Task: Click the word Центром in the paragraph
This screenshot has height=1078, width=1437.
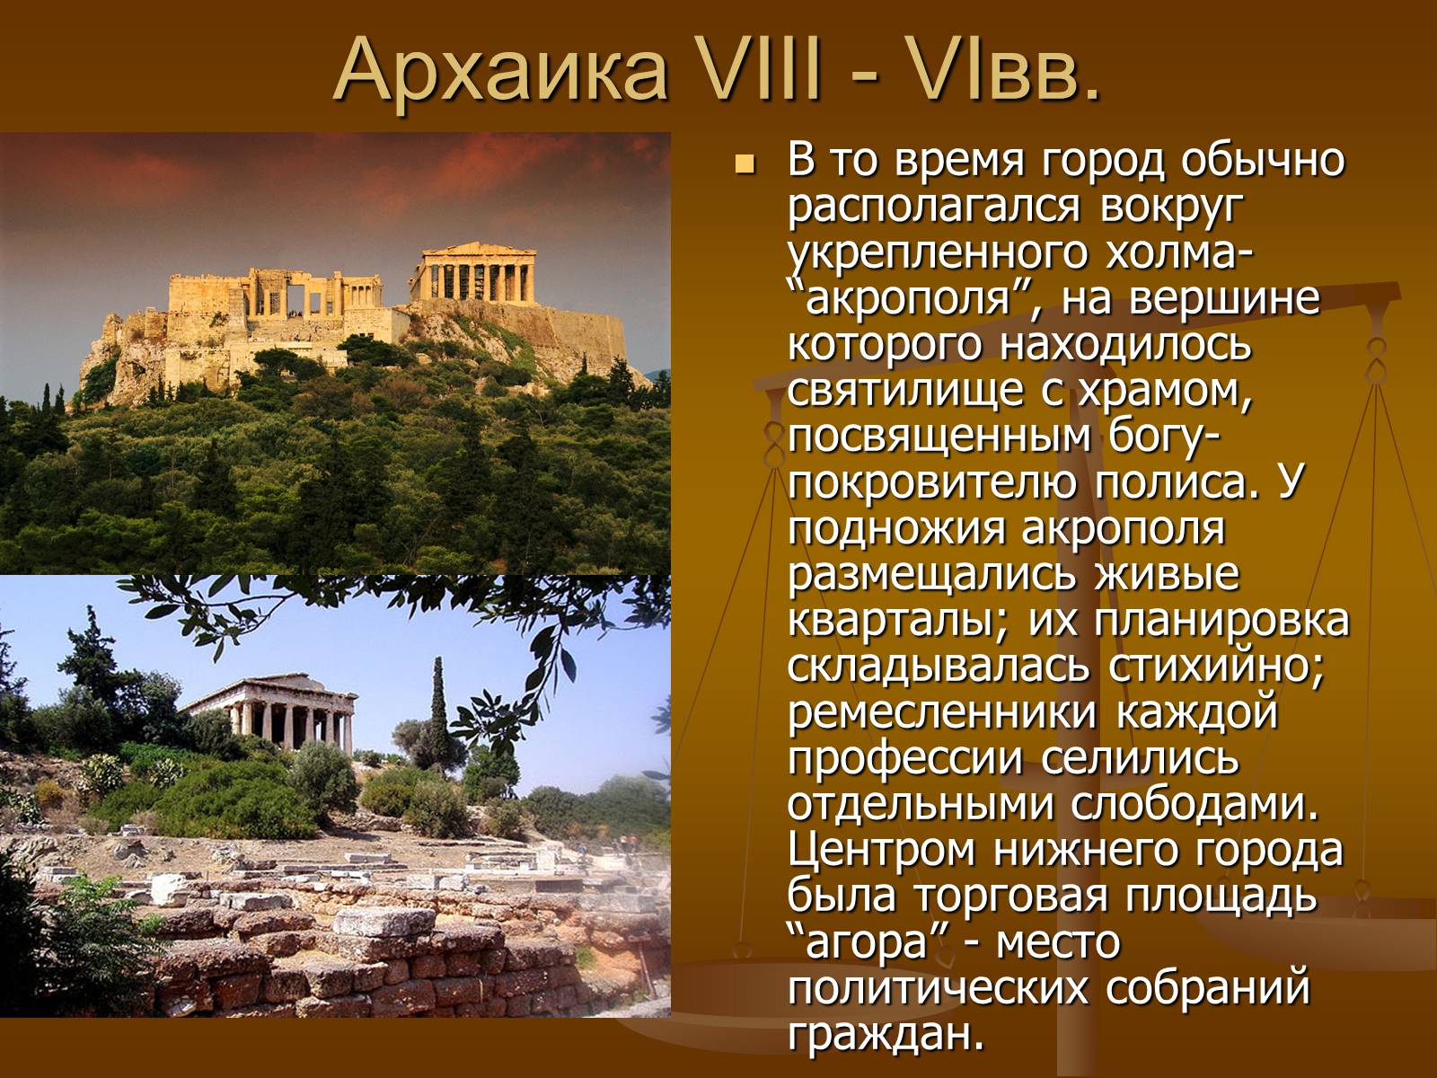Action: click(x=880, y=850)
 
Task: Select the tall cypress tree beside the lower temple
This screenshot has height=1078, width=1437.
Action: click(x=438, y=713)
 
